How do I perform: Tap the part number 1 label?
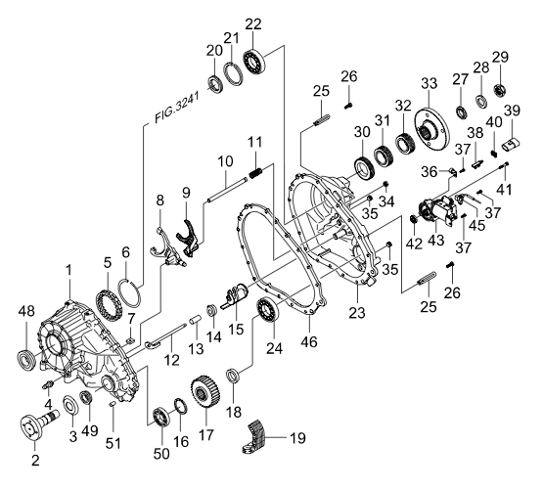68,269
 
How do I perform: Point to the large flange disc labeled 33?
428,127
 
